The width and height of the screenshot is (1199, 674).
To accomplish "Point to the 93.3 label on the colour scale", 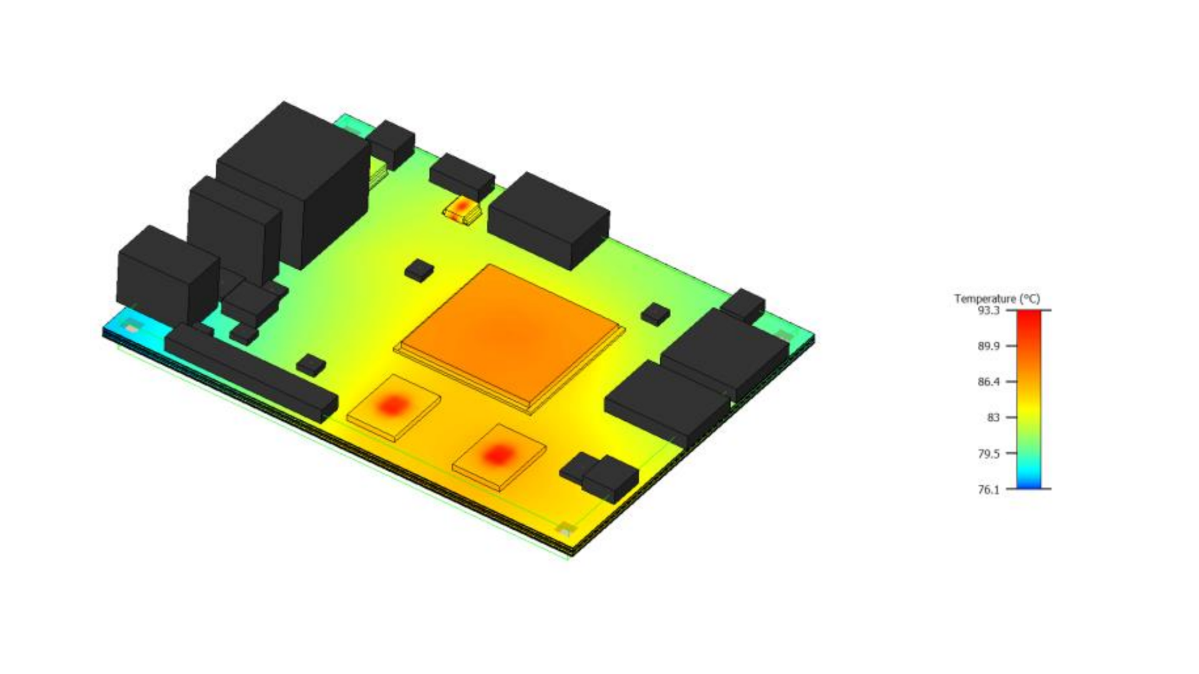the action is (x=989, y=311).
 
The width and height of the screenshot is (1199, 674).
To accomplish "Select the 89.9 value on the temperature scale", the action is (x=989, y=346).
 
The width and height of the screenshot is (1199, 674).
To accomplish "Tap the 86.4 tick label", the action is (x=989, y=382).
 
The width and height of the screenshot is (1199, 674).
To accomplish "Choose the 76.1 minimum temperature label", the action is (x=989, y=489).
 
